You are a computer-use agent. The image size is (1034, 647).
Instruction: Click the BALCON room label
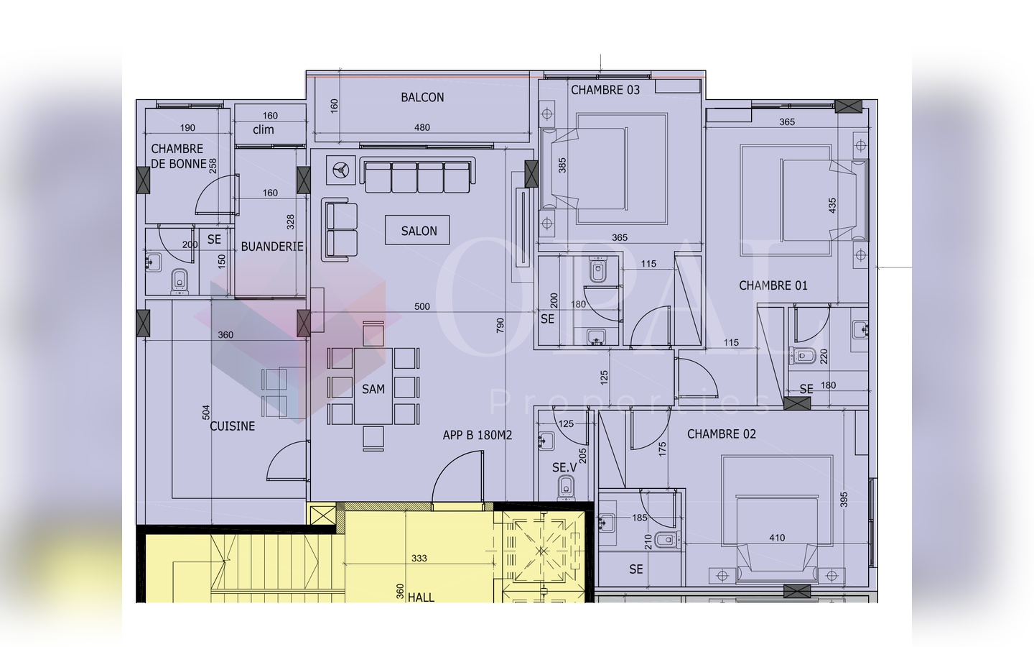(422, 98)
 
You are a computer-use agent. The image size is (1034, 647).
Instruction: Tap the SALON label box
(417, 230)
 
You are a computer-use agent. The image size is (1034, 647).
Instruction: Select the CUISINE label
(232, 426)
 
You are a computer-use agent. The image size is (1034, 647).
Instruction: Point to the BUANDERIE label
(272, 247)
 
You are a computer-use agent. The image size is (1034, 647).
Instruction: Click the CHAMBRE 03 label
(605, 90)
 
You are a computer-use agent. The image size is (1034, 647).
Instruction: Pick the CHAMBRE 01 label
(773, 285)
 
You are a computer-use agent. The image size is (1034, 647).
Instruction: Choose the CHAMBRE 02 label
(722, 434)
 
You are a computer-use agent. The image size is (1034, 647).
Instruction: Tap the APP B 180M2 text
(478, 436)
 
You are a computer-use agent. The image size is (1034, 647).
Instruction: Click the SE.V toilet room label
(564, 468)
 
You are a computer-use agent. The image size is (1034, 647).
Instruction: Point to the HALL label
(421, 597)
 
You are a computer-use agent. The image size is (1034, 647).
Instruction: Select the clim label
(263, 130)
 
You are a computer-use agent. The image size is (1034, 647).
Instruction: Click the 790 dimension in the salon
(500, 326)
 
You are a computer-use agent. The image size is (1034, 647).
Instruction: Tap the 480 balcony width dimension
(422, 127)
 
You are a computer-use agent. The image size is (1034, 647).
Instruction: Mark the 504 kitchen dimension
(206, 412)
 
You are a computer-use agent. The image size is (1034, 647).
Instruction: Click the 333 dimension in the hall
(419, 559)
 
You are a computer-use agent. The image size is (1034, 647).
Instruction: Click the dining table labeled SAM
(373, 386)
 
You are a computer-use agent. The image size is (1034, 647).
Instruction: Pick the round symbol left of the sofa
(340, 170)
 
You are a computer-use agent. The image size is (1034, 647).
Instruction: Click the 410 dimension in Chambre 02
(777, 538)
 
